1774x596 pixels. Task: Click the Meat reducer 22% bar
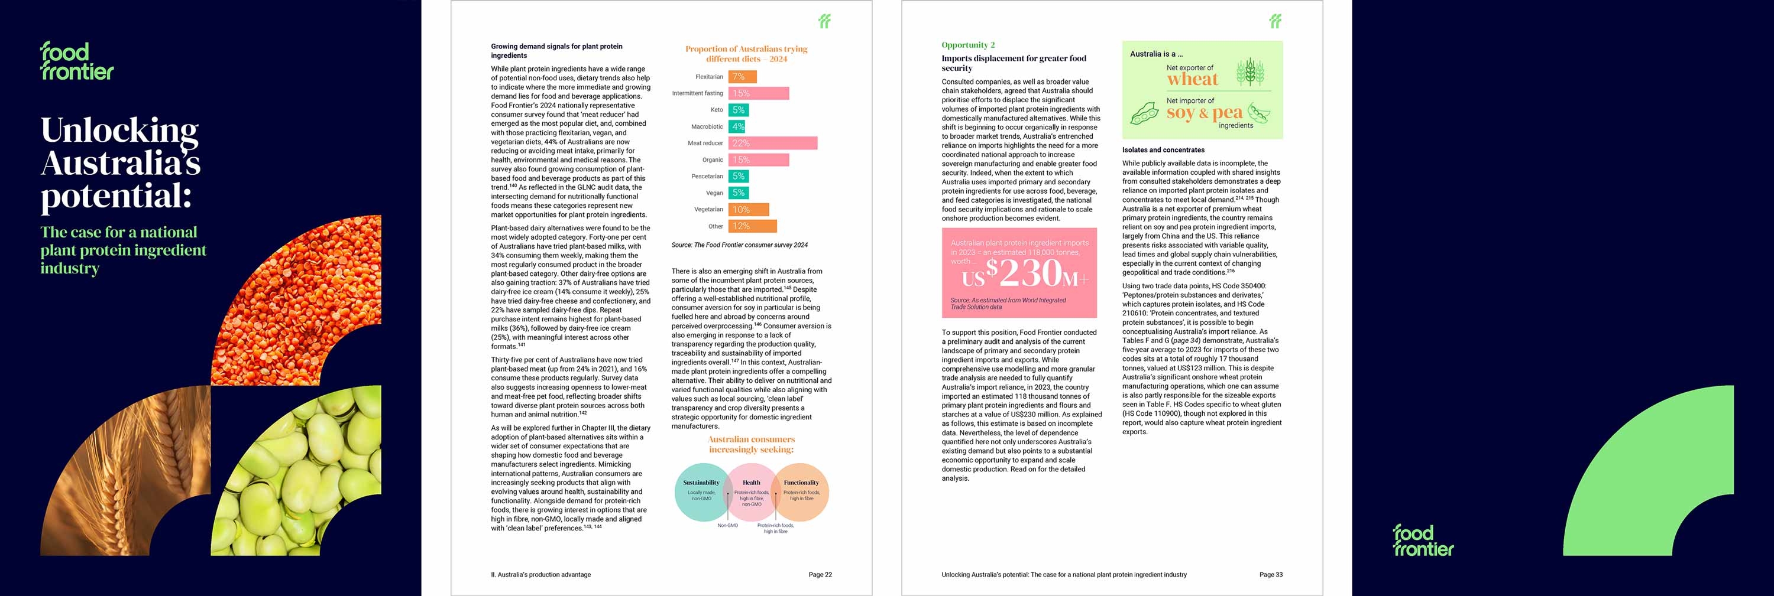pos(773,143)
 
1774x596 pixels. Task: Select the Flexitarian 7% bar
pos(742,77)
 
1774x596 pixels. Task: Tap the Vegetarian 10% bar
pos(749,209)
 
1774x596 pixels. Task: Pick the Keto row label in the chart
pos(716,110)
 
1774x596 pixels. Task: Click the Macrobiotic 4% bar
pos(737,126)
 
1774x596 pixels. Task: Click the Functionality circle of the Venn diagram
pos(803,492)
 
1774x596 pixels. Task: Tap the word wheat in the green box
pos(1192,80)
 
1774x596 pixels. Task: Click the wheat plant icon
pos(1250,72)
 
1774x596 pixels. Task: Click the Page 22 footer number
pos(820,575)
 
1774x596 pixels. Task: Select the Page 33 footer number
pos(1271,575)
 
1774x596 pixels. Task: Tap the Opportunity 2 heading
pos(967,45)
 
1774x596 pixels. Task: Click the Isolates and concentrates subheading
pos(1163,150)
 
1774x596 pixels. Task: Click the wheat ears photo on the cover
pos(127,475)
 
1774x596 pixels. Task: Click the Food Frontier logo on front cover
pos(76,61)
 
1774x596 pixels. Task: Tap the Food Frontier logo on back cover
pos(1423,540)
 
